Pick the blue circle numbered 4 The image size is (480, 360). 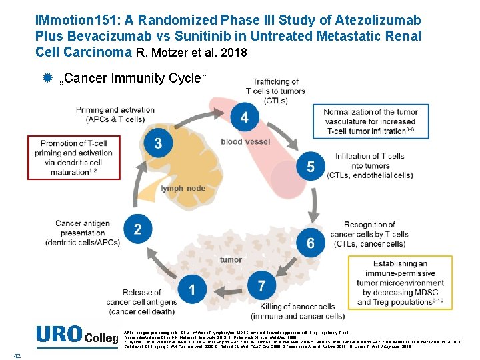tap(245, 118)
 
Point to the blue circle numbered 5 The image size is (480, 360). tap(311, 167)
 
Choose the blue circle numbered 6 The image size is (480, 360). tap(311, 243)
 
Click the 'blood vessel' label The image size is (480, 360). tap(245, 141)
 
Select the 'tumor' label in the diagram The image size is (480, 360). tap(231, 259)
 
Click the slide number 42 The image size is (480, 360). tap(17, 355)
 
